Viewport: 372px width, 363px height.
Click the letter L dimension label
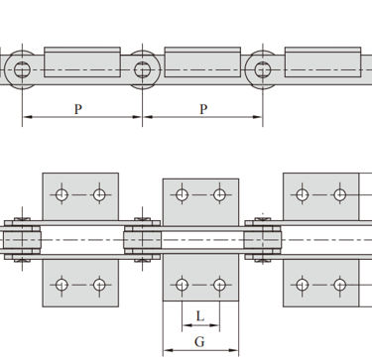click(x=200, y=316)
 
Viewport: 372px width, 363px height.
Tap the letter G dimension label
click(x=199, y=341)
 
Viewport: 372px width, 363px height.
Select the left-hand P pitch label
click(x=78, y=109)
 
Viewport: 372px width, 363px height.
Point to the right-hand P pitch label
click(x=203, y=109)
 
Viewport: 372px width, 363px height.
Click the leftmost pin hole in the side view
click(x=22, y=69)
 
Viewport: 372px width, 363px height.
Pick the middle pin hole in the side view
click(x=143, y=69)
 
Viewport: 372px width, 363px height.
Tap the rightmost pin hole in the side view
click(x=263, y=69)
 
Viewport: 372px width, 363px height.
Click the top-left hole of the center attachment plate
click(x=182, y=194)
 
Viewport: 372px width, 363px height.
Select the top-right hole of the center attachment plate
click(x=219, y=194)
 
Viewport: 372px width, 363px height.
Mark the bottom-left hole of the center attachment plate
click(x=182, y=285)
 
